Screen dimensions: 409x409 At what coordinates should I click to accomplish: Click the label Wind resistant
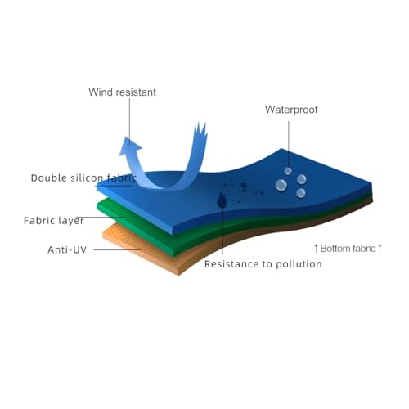click(122, 92)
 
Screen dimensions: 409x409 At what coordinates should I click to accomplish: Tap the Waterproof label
click(291, 110)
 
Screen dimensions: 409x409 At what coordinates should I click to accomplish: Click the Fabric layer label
click(54, 220)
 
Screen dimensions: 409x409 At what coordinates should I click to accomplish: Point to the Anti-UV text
click(67, 249)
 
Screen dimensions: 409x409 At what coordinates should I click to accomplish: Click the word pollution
click(299, 264)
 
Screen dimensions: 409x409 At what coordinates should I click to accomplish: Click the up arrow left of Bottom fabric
click(316, 249)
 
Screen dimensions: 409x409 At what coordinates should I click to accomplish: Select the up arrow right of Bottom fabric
click(380, 249)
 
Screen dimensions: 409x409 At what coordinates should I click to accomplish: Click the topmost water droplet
click(288, 171)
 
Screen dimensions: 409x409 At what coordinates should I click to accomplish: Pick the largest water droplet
click(281, 185)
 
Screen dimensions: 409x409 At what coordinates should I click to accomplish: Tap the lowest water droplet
click(301, 193)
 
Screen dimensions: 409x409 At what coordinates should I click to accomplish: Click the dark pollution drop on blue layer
click(222, 201)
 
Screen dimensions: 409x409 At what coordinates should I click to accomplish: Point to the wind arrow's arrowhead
click(130, 147)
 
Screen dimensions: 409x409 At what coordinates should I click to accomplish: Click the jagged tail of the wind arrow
click(201, 130)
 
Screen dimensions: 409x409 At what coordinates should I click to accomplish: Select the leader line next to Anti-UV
click(117, 249)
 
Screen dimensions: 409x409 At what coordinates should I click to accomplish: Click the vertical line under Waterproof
click(289, 144)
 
